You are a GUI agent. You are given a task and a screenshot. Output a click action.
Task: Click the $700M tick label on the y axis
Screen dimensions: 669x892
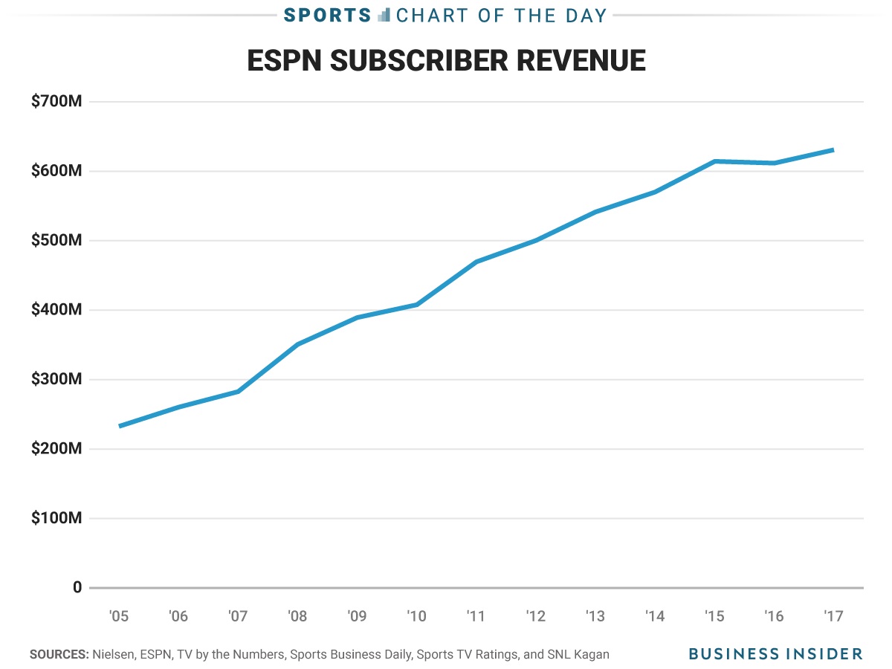56,101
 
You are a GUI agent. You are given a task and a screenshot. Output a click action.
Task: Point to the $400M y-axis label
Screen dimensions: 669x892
56,310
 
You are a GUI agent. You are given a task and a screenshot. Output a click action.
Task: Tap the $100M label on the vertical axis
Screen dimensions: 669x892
56,518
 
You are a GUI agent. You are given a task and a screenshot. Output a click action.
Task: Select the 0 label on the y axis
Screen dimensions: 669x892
77,588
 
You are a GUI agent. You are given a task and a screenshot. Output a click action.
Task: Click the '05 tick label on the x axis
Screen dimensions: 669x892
119,616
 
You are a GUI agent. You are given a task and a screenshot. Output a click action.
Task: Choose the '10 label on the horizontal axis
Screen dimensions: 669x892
416,616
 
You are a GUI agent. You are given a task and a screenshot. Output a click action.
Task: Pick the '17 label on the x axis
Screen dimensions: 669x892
833,616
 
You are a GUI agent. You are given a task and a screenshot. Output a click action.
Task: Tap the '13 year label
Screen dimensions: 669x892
595,616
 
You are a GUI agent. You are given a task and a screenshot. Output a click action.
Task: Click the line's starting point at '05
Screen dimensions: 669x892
120,426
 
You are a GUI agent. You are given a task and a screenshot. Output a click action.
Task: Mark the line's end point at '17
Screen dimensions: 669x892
833,150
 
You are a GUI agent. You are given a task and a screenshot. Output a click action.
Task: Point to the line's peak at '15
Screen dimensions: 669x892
714,161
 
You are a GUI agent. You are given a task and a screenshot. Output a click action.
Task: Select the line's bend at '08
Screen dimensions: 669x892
297,344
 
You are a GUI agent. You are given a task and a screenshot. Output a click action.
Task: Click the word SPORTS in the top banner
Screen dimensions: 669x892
328,15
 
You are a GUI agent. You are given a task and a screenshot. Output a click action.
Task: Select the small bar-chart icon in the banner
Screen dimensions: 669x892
384,14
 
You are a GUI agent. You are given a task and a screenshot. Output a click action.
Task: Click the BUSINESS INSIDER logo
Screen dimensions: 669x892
775,654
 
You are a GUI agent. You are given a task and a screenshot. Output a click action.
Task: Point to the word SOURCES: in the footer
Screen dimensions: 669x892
59,655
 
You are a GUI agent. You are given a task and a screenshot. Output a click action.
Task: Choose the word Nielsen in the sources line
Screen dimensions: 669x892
112,655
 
